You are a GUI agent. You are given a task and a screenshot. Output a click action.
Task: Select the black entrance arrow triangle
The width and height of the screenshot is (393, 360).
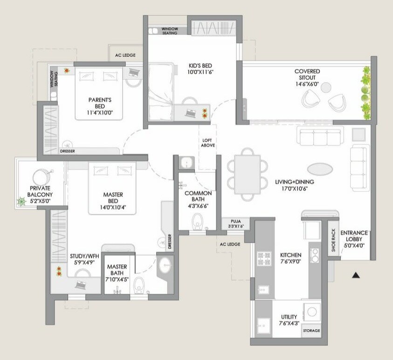(x=356, y=276)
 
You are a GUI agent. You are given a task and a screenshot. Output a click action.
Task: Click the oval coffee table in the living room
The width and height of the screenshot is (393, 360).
(x=320, y=169)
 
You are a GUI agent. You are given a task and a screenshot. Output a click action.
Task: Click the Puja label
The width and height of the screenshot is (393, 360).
(x=235, y=221)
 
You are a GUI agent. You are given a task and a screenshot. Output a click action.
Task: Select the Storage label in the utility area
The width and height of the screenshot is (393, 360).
(x=311, y=331)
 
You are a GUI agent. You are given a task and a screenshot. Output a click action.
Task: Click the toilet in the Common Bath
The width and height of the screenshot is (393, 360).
(x=199, y=220)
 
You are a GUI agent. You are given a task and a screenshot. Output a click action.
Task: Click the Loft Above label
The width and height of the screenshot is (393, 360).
(x=208, y=143)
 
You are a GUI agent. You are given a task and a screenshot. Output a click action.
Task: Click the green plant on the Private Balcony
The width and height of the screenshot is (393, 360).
(x=21, y=202)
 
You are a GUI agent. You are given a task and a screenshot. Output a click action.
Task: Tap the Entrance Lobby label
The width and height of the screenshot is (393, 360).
(x=354, y=236)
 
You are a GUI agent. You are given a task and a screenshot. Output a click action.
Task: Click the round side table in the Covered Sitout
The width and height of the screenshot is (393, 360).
(x=326, y=86)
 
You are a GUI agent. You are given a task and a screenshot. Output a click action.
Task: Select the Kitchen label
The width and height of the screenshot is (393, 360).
(x=291, y=255)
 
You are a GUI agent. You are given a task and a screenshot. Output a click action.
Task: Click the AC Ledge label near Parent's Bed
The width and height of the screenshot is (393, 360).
(x=125, y=55)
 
